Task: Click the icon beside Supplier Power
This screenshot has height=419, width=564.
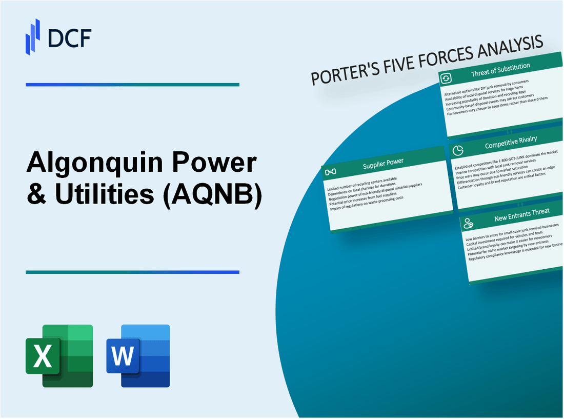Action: (x=331, y=171)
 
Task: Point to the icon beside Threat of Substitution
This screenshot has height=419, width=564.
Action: (x=446, y=78)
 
